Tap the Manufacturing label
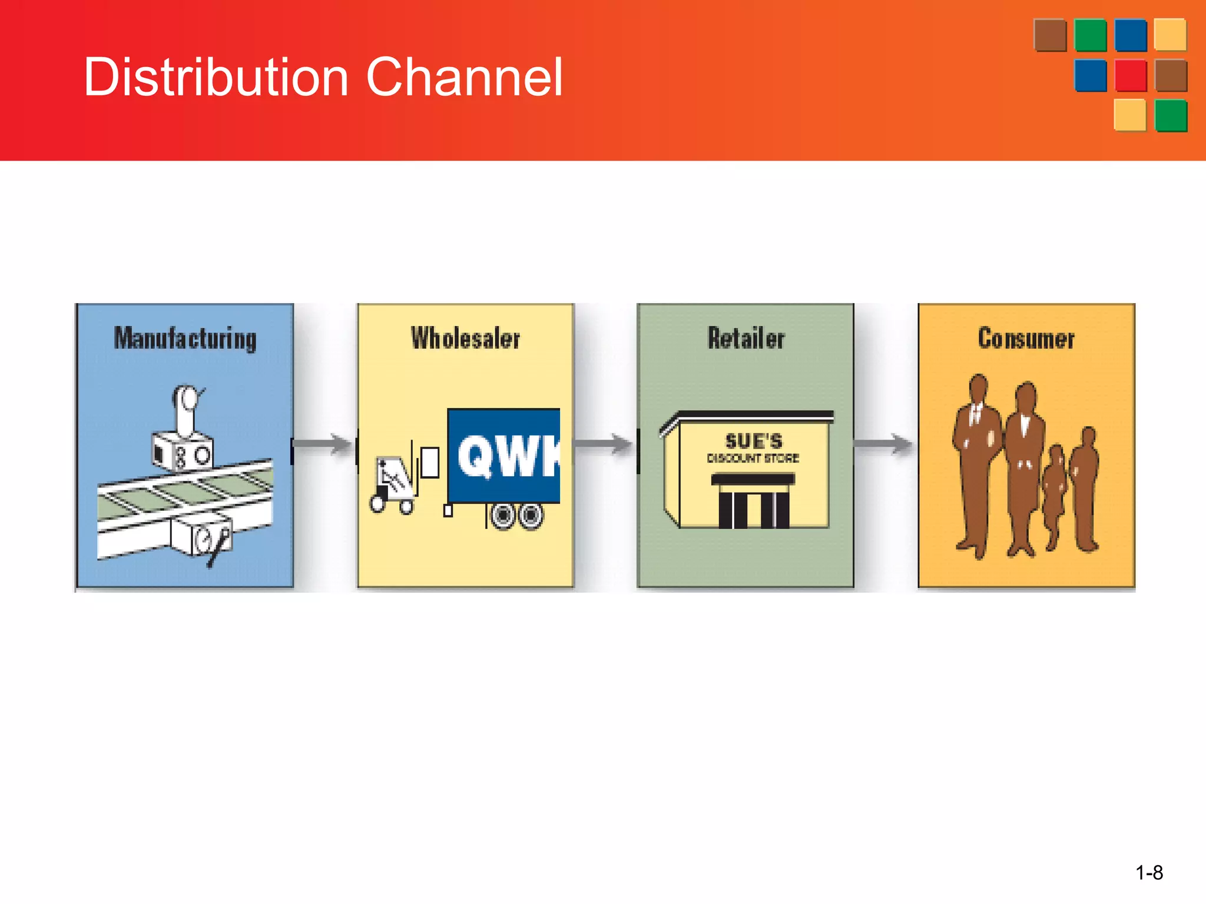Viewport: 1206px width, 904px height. [185, 338]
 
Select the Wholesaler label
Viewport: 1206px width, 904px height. [465, 338]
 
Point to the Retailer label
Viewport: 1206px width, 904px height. [746, 338]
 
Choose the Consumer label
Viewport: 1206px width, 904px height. [1026, 338]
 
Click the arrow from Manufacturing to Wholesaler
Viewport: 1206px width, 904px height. [323, 444]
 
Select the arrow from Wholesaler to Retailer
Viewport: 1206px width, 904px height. [604, 444]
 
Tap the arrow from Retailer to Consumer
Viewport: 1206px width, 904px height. [884, 444]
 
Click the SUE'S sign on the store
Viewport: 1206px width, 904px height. [754, 440]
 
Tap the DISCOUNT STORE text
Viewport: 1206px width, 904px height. [753, 458]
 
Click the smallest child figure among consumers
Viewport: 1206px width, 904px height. [1054, 494]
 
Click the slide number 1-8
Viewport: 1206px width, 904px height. [1149, 872]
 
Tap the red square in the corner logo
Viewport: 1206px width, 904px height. [1131, 75]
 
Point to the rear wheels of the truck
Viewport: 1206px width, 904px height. [518, 516]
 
